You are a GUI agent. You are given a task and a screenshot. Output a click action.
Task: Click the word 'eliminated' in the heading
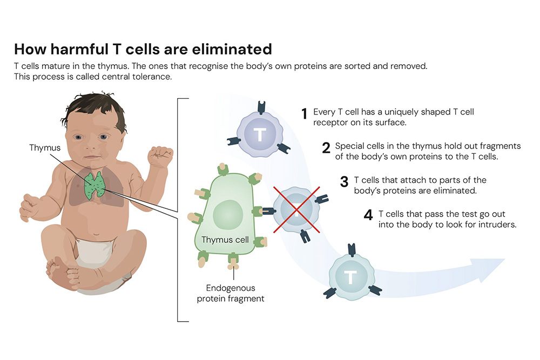coord(232,49)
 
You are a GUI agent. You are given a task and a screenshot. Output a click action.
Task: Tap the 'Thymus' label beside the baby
coord(45,148)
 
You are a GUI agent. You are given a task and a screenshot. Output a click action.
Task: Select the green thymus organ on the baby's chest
coord(94,185)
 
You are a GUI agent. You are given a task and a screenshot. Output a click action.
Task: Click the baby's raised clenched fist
coord(160,157)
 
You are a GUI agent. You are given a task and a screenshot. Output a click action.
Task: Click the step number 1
coord(304,113)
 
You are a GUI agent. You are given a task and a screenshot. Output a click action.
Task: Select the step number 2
coord(326,148)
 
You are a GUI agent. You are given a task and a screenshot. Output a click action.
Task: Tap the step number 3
coord(344,182)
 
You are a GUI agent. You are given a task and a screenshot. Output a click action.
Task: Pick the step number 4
coord(368,215)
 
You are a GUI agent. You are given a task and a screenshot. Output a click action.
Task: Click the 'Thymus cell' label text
coord(225,240)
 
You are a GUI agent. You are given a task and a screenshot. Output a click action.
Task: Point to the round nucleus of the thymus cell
coord(228,214)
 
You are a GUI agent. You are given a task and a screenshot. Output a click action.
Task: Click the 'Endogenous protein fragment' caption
coord(231,293)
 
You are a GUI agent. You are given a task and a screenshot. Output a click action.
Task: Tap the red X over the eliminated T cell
coord(296,209)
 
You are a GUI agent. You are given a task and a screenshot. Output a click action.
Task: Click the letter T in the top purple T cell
coord(260,134)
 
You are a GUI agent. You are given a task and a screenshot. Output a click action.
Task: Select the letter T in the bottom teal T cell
coord(350,277)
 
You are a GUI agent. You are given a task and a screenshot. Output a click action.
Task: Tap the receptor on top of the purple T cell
coord(261,107)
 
